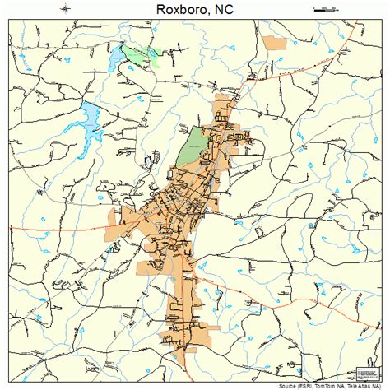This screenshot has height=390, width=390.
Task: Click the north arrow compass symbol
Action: tap(65, 9)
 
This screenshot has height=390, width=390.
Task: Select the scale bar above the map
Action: tap(327, 8)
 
